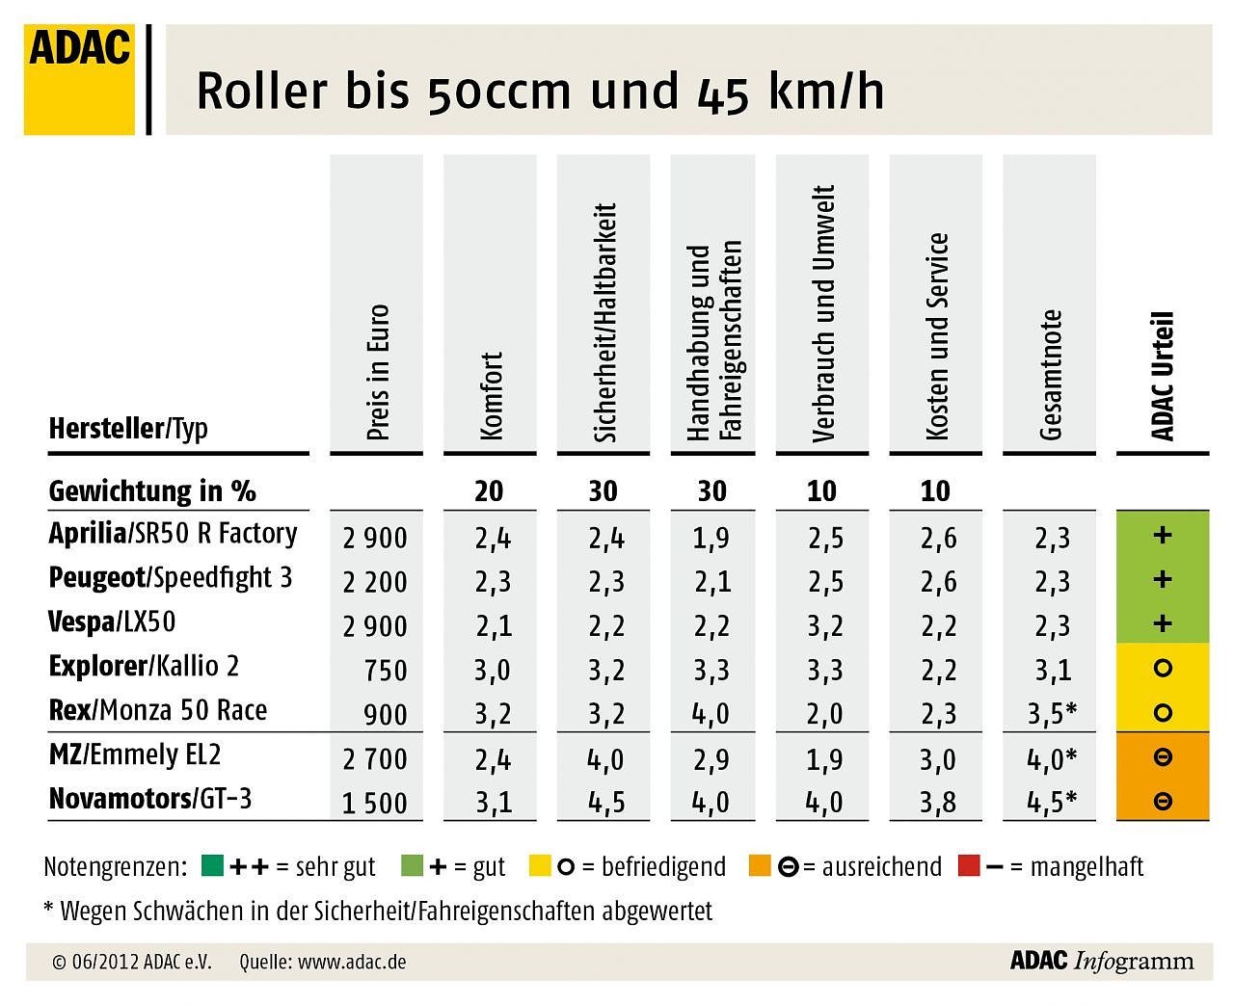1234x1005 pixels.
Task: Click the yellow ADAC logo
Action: tap(79, 80)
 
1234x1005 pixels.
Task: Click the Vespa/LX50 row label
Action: tap(112, 622)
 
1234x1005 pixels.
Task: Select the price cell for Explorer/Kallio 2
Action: tap(386, 671)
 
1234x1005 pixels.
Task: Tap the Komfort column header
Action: tap(491, 396)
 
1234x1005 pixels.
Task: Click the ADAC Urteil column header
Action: tap(1163, 376)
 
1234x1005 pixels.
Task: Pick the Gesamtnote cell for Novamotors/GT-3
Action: tap(1051, 803)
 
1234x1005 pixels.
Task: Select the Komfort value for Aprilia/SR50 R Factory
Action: tap(493, 538)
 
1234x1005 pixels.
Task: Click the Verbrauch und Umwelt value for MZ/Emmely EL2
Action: tap(825, 759)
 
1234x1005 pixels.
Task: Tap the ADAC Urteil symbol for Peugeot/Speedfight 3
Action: tap(1163, 579)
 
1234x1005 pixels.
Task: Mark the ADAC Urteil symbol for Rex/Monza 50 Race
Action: tap(1163, 713)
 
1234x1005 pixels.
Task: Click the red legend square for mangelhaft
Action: tap(969, 865)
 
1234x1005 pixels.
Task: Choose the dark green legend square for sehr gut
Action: tap(213, 865)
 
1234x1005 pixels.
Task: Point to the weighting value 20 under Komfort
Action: tap(489, 491)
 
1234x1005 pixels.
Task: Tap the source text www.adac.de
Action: tap(351, 962)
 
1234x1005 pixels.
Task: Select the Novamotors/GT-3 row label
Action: tap(150, 799)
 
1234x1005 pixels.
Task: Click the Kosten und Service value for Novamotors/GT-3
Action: tap(938, 803)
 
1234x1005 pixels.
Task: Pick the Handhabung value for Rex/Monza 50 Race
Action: tap(711, 714)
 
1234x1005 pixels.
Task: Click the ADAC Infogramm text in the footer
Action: tap(1101, 961)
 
